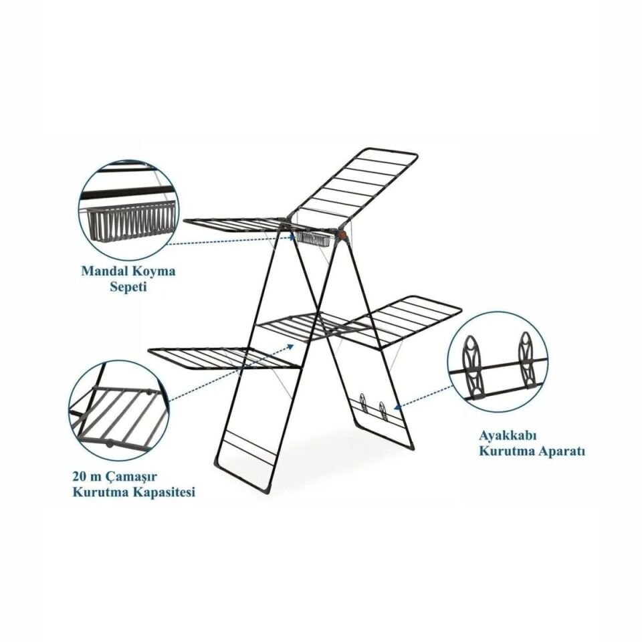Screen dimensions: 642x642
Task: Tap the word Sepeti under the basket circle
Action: [x=128, y=288]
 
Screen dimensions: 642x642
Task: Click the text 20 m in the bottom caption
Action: [x=85, y=476]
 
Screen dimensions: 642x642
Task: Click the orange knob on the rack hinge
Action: [x=343, y=235]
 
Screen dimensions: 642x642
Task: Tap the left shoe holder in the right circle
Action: [x=473, y=366]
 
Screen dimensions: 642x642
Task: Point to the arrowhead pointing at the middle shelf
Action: [x=291, y=346]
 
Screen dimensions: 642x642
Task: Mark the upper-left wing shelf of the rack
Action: [x=237, y=227]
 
